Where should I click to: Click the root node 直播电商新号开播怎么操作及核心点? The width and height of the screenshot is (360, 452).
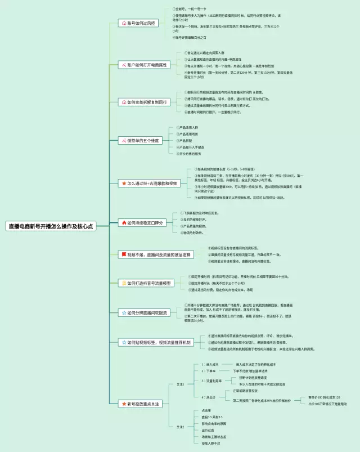[x=50, y=226]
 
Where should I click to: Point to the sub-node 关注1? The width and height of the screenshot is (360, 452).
[x=181, y=384]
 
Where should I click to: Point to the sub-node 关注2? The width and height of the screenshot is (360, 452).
[x=181, y=427]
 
